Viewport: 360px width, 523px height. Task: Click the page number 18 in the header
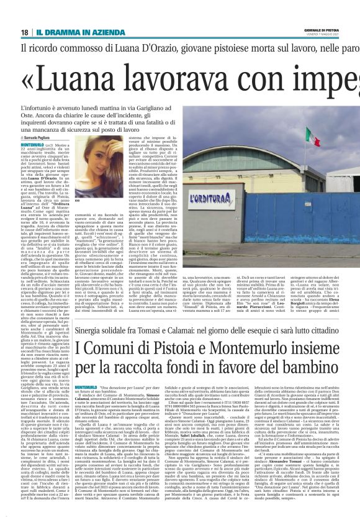click(24, 32)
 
